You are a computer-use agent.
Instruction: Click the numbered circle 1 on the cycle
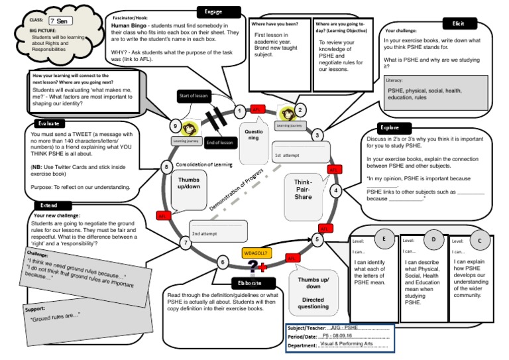pyautogui.click(x=239, y=111)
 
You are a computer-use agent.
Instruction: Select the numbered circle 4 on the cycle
pyautogui.click(x=336, y=191)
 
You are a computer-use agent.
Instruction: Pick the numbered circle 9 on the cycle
pyautogui.click(x=175, y=126)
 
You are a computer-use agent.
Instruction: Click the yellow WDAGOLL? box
pyautogui.click(x=256, y=252)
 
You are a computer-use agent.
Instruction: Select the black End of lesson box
pyautogui.click(x=219, y=143)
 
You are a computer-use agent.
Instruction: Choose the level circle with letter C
pyautogui.click(x=480, y=240)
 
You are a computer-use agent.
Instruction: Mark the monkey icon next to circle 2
pyautogui.click(x=287, y=113)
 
